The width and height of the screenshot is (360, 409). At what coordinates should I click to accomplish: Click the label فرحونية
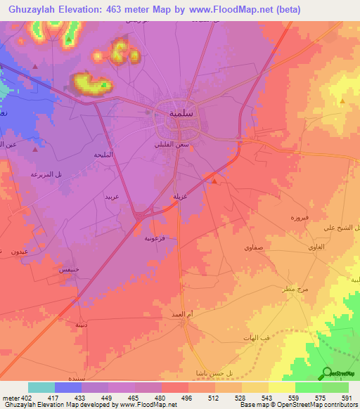[x=155, y=238]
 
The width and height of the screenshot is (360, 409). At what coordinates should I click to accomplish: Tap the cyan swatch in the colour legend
[x=41, y=387]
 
